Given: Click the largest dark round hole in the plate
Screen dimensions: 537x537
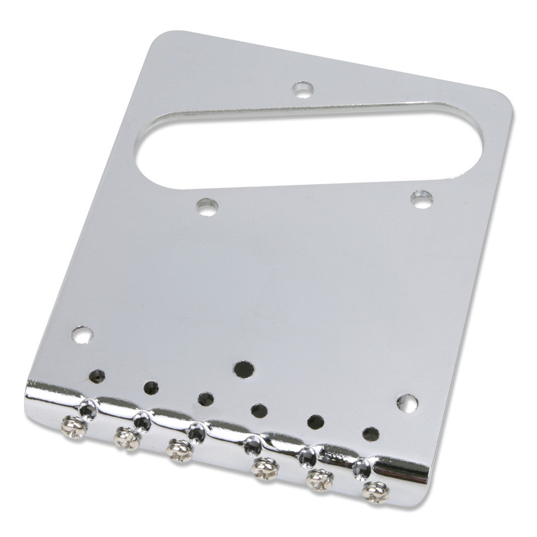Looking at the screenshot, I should coord(242,368).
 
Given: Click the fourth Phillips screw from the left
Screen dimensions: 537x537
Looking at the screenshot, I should coord(266,467).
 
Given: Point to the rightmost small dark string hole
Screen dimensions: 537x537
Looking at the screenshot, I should coord(371,433).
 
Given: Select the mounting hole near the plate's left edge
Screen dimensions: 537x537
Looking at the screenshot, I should coord(82,335).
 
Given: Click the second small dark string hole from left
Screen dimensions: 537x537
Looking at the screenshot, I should coord(151,387).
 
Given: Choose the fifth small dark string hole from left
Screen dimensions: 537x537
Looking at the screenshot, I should coord(316,421).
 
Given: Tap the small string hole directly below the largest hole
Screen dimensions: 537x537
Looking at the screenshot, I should coord(258,409).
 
